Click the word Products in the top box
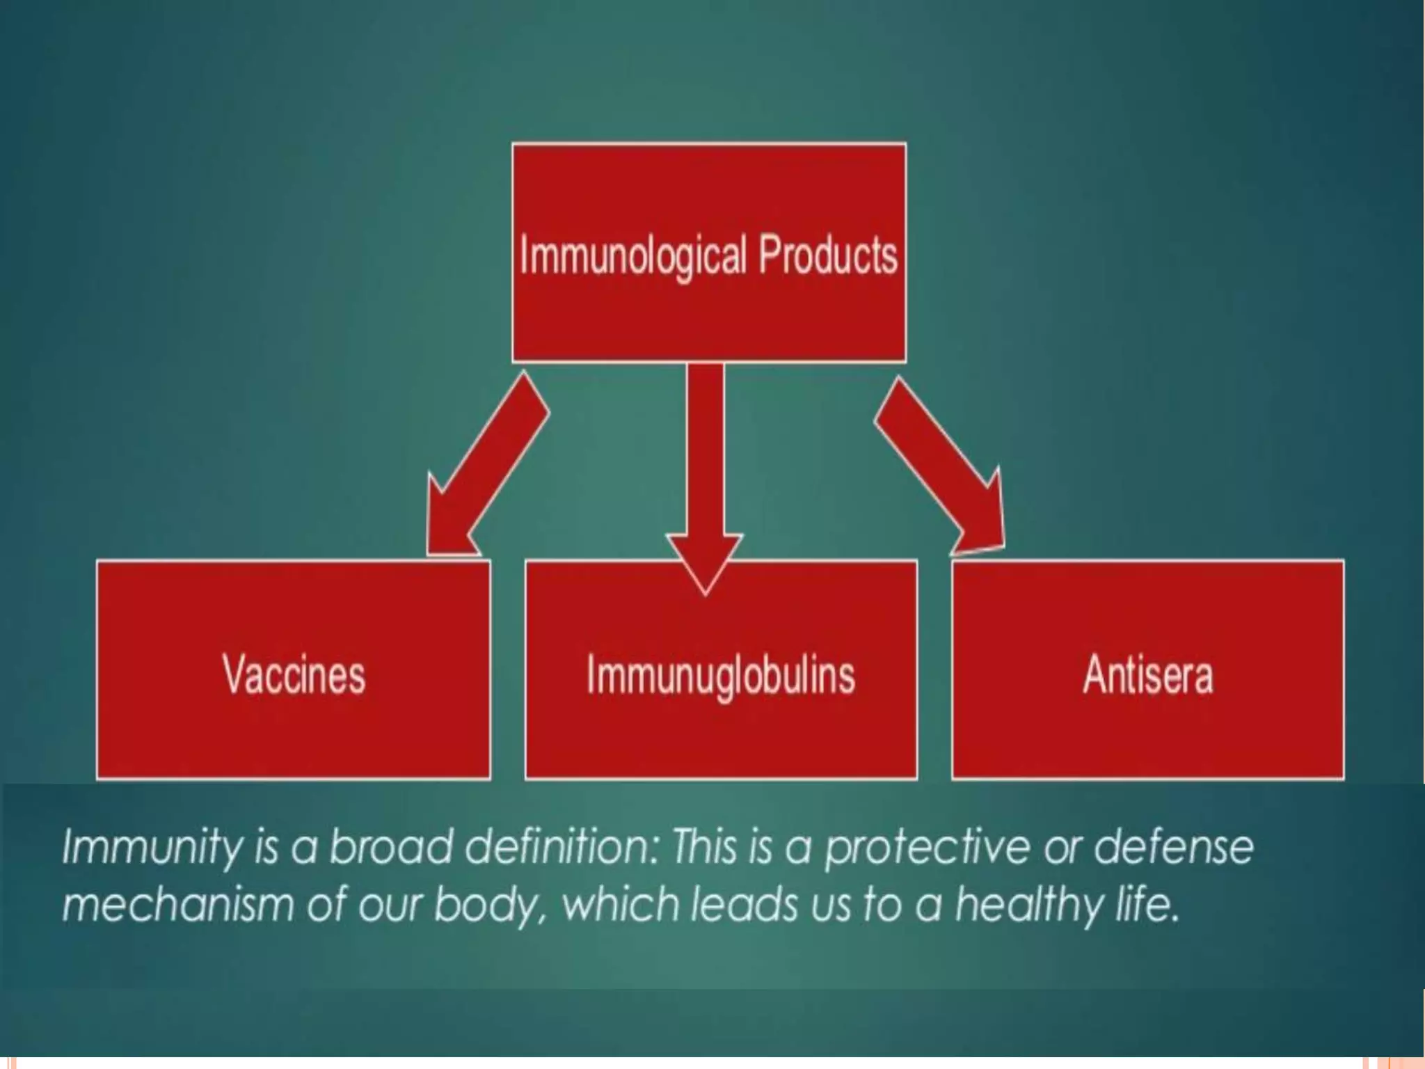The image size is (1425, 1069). [827, 255]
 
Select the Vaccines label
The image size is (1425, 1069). [294, 674]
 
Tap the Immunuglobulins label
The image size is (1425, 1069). [721, 674]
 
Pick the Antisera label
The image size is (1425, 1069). [1147, 674]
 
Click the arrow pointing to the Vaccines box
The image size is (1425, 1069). [487, 466]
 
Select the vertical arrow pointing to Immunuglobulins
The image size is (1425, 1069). [705, 473]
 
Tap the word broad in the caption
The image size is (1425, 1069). [390, 846]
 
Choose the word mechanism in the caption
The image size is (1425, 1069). [178, 905]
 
